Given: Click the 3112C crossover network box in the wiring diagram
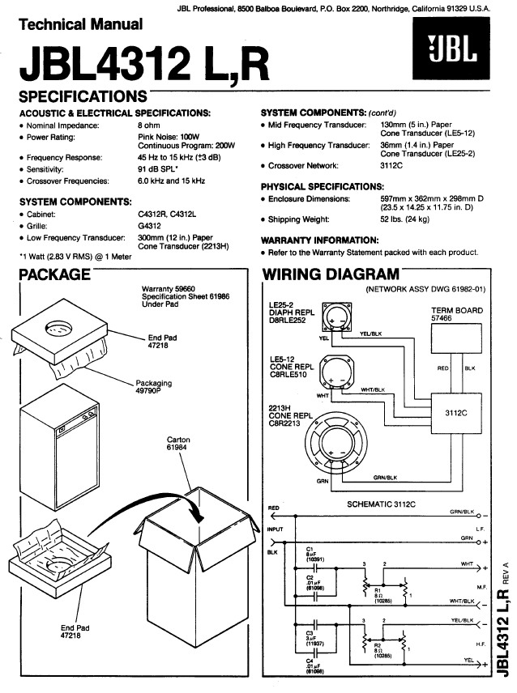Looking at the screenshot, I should click(456, 412).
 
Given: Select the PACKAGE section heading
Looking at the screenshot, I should click(54, 274).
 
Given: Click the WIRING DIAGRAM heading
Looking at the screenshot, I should click(331, 274).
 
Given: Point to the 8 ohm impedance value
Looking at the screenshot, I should click(150, 125).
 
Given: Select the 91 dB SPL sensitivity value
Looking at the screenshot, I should click(163, 170).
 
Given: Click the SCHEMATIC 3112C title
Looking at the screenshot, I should click(381, 504).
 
